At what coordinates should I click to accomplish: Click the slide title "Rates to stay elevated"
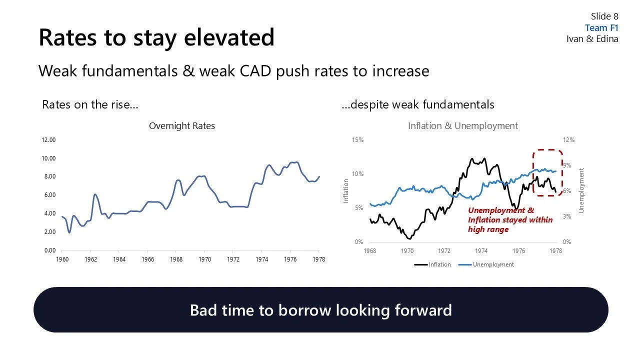pos(156,37)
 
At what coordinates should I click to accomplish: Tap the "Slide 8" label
pos(604,16)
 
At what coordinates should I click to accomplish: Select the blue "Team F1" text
pos(601,28)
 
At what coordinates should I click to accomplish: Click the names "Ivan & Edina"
pos(592,39)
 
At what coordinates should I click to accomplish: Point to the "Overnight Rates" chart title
pos(181,126)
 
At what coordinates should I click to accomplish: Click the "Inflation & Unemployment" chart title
pos(462,126)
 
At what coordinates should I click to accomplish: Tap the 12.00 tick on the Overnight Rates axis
pos(48,140)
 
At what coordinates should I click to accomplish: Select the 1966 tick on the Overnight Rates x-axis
pos(147,259)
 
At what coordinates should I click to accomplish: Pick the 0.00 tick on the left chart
pos(48,250)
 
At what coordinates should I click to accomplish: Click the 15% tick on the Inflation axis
pos(358,140)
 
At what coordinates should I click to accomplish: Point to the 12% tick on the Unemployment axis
pos(569,140)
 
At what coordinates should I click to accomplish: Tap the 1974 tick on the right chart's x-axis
pos(481,251)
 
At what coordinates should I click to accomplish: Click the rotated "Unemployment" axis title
pos(581,190)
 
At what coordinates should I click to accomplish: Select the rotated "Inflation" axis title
pos(346,191)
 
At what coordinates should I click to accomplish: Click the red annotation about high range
pos(510,220)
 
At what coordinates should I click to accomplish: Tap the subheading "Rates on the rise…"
pos(90,104)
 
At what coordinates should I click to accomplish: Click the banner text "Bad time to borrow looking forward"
pos(320,310)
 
